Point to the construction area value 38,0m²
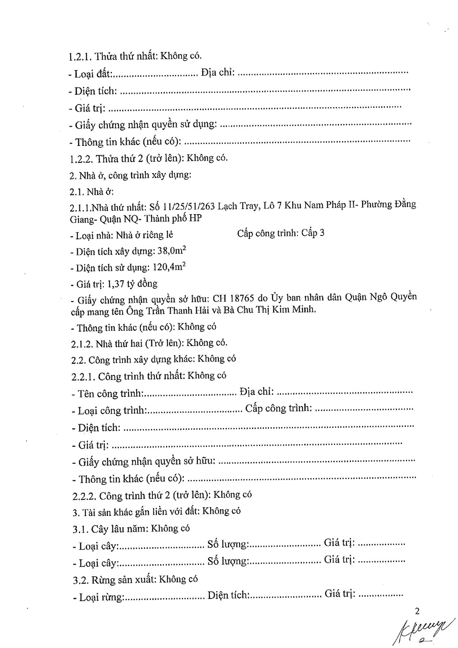(x=171, y=251)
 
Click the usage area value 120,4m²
(x=169, y=267)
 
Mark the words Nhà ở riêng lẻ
(x=145, y=235)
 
